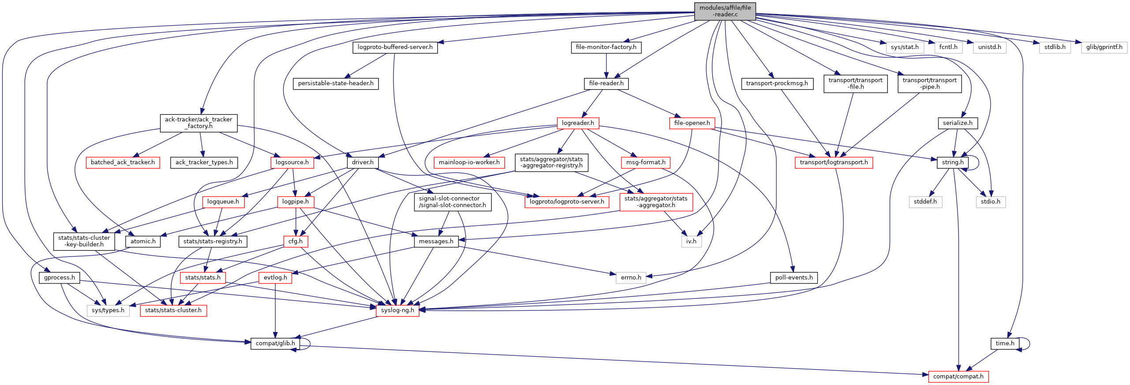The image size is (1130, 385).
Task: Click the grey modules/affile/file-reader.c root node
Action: coord(725,11)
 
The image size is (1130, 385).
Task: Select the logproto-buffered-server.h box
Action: coord(395,47)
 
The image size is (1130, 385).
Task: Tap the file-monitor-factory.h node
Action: coord(606,47)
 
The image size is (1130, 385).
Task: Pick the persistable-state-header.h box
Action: coord(336,83)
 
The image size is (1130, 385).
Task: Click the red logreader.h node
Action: coord(578,123)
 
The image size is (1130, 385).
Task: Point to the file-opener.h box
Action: coord(692,123)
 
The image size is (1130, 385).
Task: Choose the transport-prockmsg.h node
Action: coord(777,83)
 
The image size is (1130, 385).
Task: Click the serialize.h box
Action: coord(958,123)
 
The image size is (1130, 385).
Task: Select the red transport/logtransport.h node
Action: coord(834,162)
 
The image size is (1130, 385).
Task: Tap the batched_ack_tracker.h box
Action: coord(123,162)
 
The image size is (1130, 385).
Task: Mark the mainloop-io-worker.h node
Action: coord(469,162)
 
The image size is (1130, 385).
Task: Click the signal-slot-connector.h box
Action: coord(453,202)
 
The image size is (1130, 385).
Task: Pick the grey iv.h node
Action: coord(691,242)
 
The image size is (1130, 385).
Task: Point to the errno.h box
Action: coord(631,278)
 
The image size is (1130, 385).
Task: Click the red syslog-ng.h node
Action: coord(397,310)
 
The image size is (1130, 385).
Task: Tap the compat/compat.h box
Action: coord(958,377)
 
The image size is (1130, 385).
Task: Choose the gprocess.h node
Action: coord(60,278)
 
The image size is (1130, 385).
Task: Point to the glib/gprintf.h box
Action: coord(1104,47)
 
